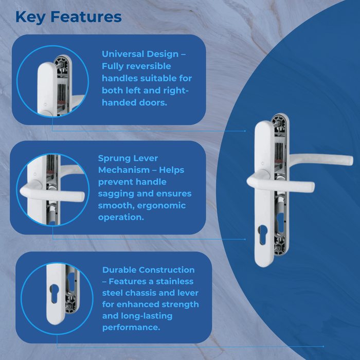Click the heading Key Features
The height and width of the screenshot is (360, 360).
[68, 16]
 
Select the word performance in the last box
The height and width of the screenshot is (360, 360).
[131, 328]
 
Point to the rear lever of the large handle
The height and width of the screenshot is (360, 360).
[324, 157]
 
